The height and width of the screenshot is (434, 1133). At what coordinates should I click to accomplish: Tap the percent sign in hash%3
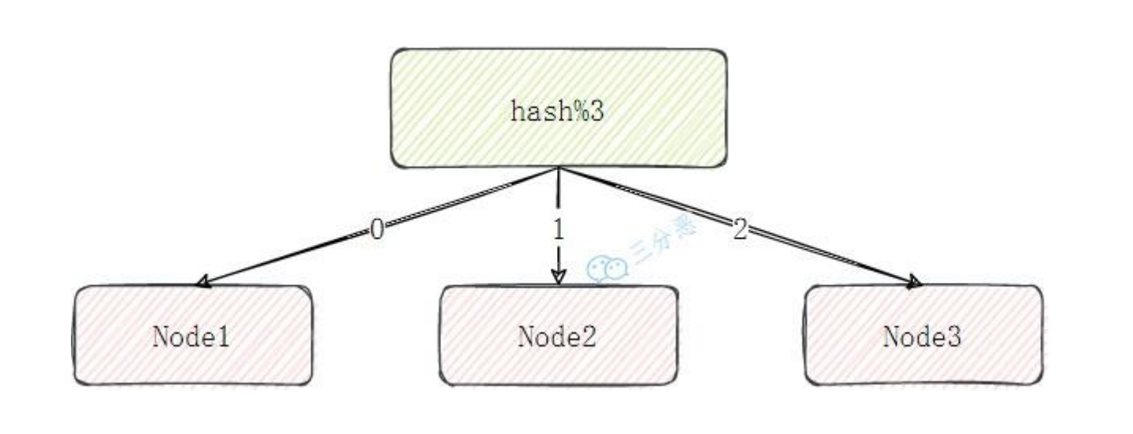point(584,111)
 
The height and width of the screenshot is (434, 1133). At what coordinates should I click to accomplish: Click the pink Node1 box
point(192,336)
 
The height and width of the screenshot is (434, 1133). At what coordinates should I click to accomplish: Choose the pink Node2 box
point(558,336)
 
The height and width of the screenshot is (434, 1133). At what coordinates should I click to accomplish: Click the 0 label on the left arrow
point(377,229)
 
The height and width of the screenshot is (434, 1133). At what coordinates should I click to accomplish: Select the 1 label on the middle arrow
point(559,229)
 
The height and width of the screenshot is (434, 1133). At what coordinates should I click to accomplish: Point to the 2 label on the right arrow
point(738,229)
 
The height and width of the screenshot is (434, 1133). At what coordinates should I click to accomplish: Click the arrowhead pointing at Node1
point(203,281)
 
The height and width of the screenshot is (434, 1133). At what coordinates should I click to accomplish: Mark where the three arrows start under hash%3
point(559,169)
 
